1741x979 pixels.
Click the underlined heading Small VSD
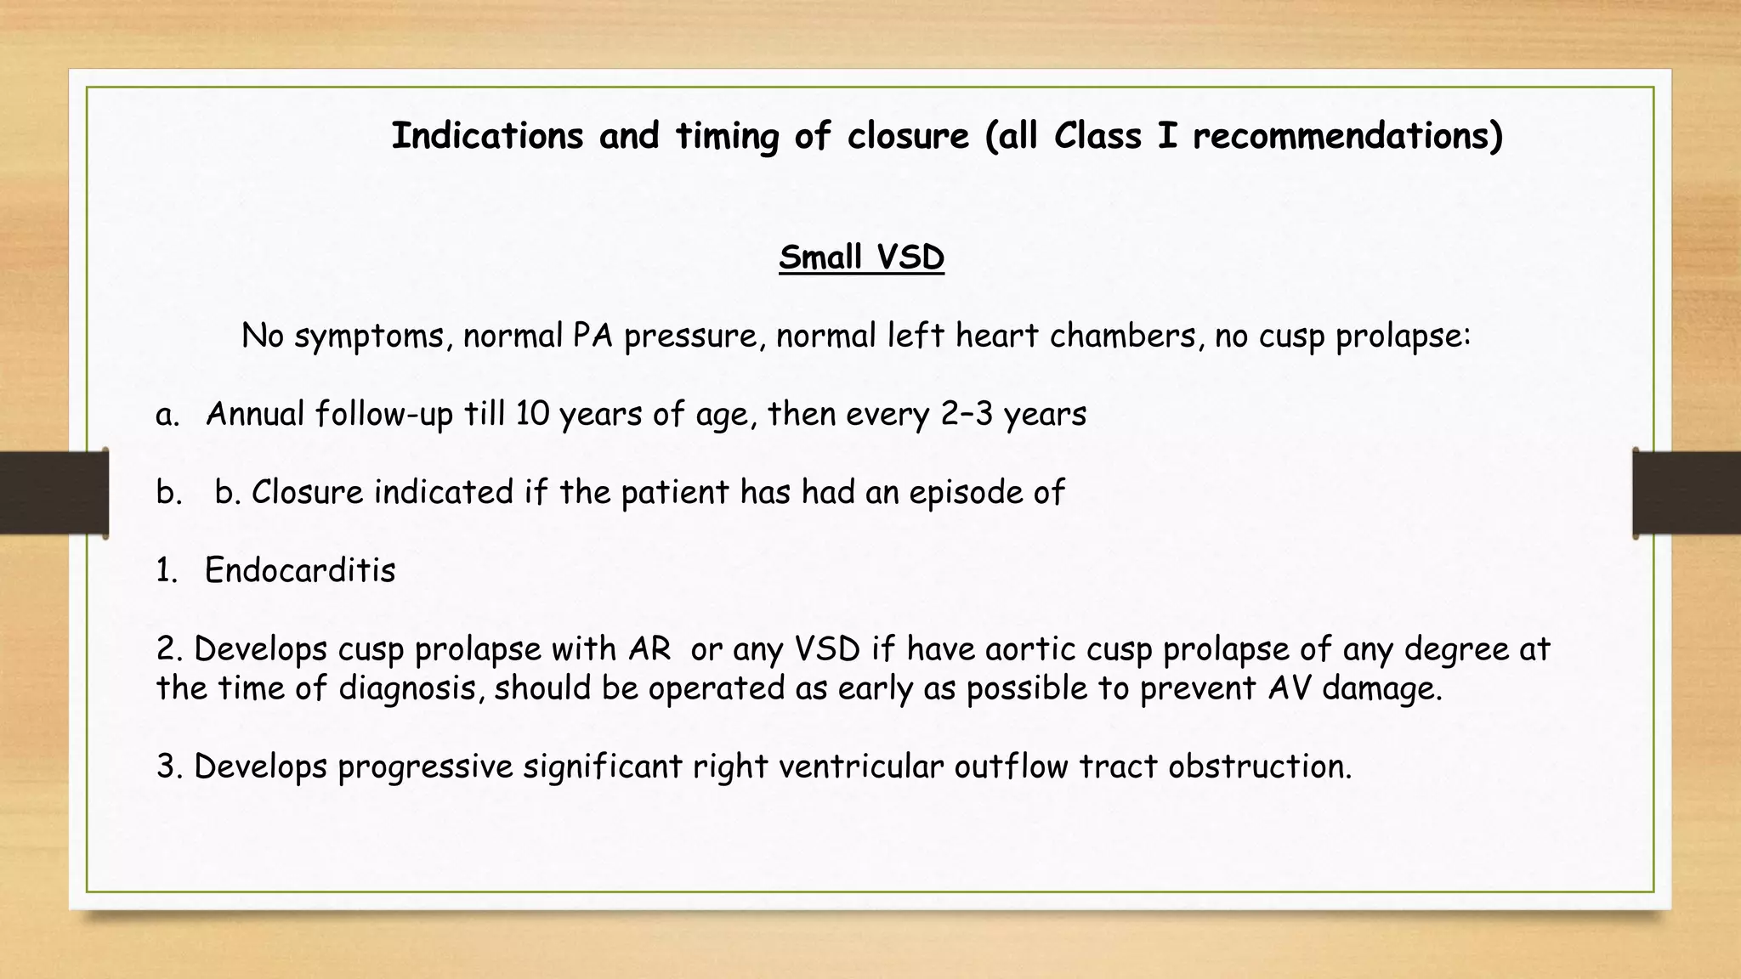tap(861, 257)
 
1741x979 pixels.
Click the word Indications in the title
tap(487, 136)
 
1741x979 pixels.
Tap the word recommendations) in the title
tap(1347, 136)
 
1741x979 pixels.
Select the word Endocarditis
tap(300, 570)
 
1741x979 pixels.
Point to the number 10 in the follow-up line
tap(532, 414)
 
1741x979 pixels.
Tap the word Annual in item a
tap(255, 414)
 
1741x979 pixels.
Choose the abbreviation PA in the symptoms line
tap(593, 337)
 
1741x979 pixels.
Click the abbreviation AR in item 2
tap(649, 649)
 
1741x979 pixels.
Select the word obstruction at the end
tap(1258, 767)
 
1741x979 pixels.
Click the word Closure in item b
tap(308, 492)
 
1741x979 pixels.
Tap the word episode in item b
tap(967, 492)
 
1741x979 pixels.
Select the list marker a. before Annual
tap(167, 414)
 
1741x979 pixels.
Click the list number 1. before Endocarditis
tap(167, 570)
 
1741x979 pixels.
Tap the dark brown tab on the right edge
tap(1687, 493)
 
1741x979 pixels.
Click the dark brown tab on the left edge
tap(54, 493)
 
